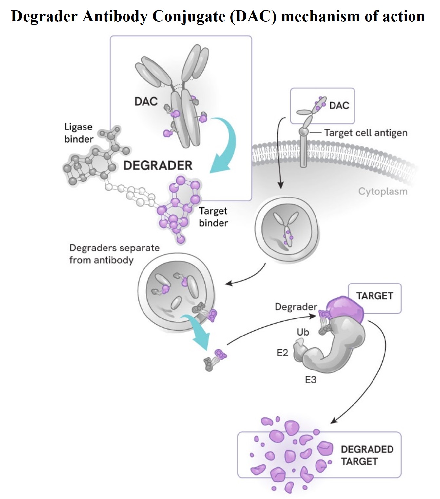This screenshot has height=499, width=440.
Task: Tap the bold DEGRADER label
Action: (158, 165)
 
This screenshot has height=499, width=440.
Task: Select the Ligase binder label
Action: (79, 133)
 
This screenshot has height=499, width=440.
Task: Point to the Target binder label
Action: (213, 217)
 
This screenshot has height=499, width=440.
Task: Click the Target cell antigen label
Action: (366, 133)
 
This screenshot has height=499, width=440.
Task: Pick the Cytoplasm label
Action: (383, 191)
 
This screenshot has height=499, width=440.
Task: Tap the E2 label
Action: (282, 353)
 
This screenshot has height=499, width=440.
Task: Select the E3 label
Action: (311, 380)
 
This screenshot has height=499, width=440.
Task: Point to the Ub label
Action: (303, 332)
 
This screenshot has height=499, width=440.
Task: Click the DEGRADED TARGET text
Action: (367, 455)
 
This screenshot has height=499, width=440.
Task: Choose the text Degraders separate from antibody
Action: (114, 254)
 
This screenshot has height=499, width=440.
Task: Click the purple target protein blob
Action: (346, 309)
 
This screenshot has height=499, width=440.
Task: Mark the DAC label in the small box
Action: (339, 105)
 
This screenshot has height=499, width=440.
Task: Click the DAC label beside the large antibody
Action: (146, 101)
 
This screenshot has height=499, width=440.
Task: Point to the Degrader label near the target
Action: (296, 307)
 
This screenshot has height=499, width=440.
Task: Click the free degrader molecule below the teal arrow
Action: (215, 359)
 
